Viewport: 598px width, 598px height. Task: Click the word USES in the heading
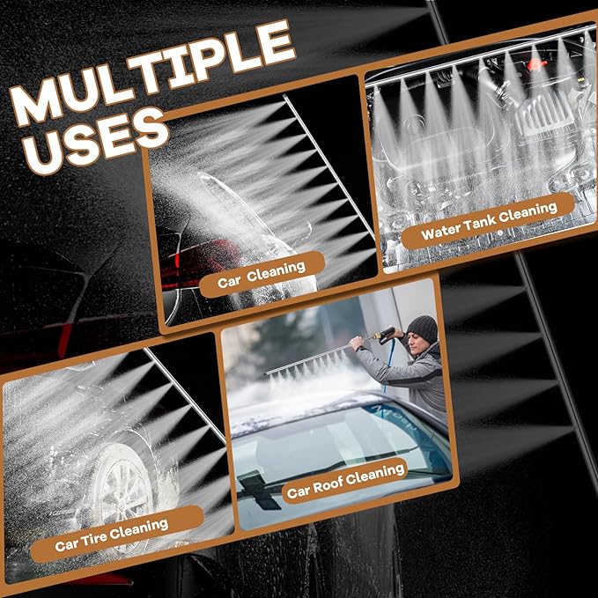[97, 139]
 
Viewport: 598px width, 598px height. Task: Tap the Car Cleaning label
[262, 275]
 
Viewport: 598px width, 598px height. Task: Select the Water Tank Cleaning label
[489, 221]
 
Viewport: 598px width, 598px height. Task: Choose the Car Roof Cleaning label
[345, 481]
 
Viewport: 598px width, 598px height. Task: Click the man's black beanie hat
[423, 329]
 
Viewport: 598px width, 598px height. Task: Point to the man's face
[416, 343]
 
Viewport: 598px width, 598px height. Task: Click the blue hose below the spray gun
[388, 366]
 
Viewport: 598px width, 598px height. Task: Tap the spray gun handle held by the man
[385, 335]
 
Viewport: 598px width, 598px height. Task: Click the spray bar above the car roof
[309, 359]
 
